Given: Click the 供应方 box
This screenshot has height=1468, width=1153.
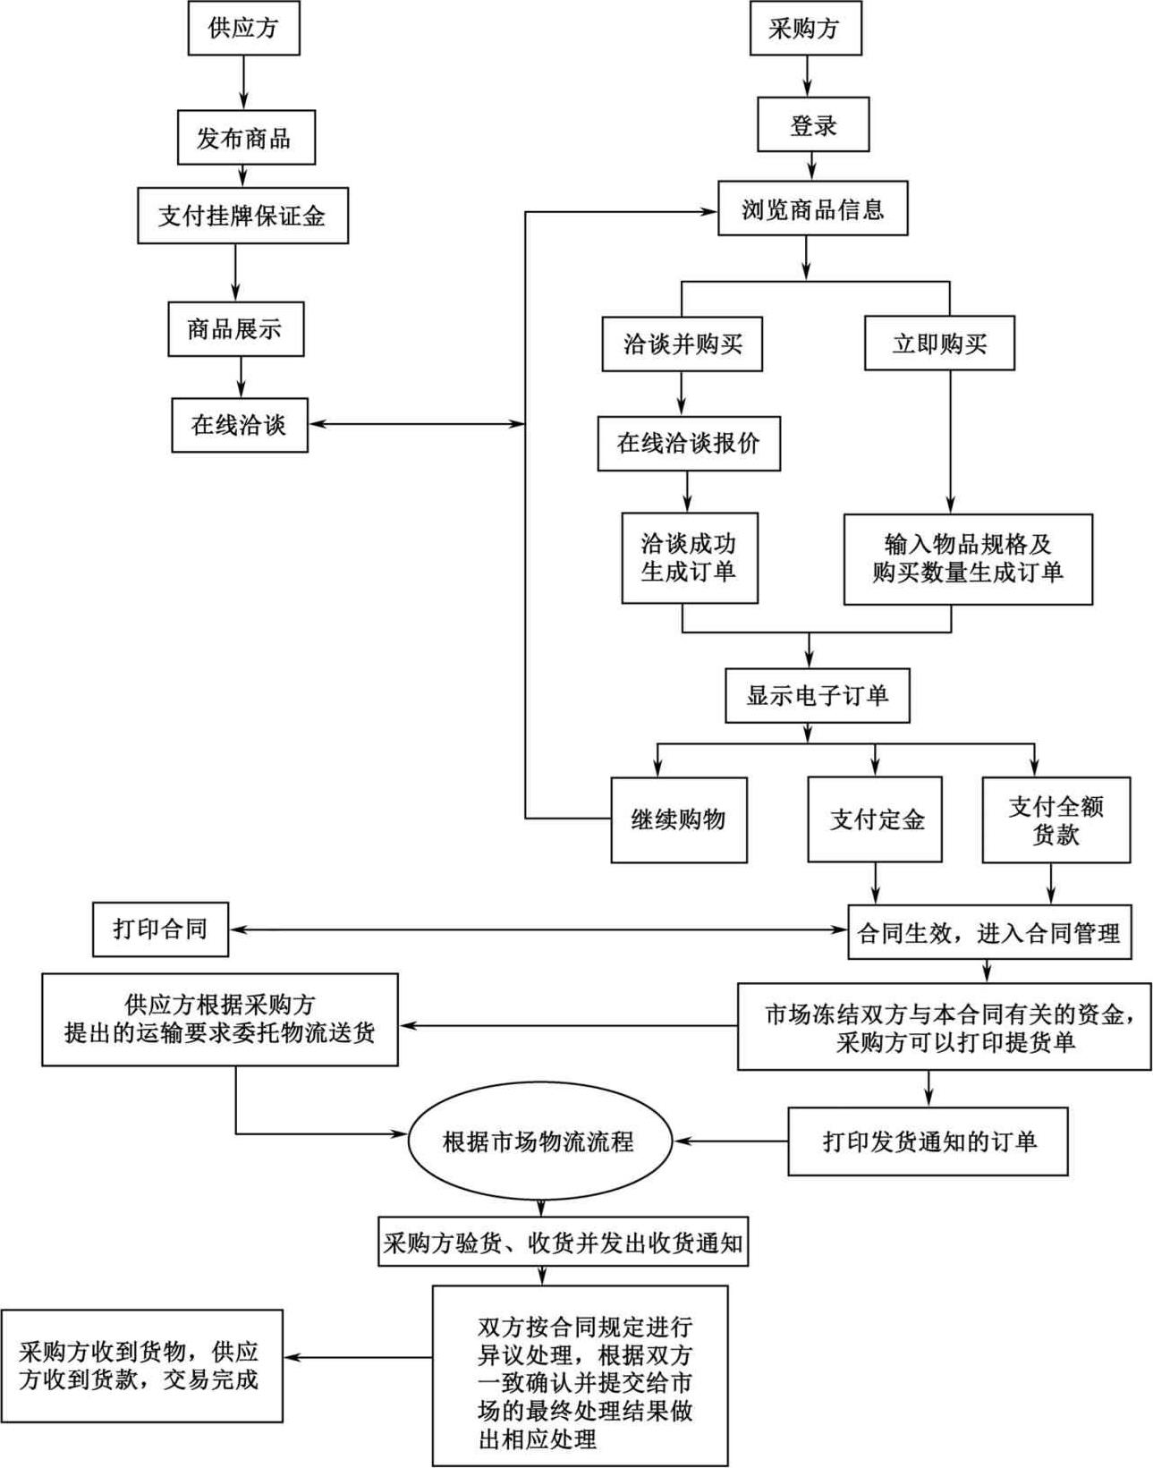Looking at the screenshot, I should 242,28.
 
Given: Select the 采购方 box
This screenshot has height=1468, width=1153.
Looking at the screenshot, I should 805,28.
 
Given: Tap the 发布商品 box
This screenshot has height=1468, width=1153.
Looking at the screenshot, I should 246,138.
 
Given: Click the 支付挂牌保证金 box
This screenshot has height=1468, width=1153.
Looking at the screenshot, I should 242,215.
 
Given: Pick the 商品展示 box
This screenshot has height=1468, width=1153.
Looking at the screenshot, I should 235,328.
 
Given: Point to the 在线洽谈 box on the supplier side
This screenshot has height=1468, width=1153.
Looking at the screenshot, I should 239,424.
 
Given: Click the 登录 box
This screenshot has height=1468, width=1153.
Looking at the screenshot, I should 812,124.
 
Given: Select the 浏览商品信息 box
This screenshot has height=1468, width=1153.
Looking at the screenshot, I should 812,208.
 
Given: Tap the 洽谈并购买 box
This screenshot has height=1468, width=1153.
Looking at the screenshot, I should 682,344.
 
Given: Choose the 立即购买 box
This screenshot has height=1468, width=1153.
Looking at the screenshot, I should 939,344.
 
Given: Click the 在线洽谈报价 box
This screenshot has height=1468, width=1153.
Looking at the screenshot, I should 689,443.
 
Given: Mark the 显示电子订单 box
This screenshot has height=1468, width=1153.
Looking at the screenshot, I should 817,695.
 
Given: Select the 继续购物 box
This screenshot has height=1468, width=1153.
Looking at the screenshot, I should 679,819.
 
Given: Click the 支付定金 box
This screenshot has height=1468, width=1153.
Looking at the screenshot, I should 874,819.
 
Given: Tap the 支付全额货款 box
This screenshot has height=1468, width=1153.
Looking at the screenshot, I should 1056,819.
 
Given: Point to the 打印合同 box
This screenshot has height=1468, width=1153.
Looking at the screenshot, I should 160,929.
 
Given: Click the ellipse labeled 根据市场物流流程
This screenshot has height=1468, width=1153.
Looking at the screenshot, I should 538,1141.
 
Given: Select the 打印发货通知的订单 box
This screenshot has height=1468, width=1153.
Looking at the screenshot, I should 928,1141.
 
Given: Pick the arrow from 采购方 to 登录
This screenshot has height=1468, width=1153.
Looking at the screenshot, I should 808,76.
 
